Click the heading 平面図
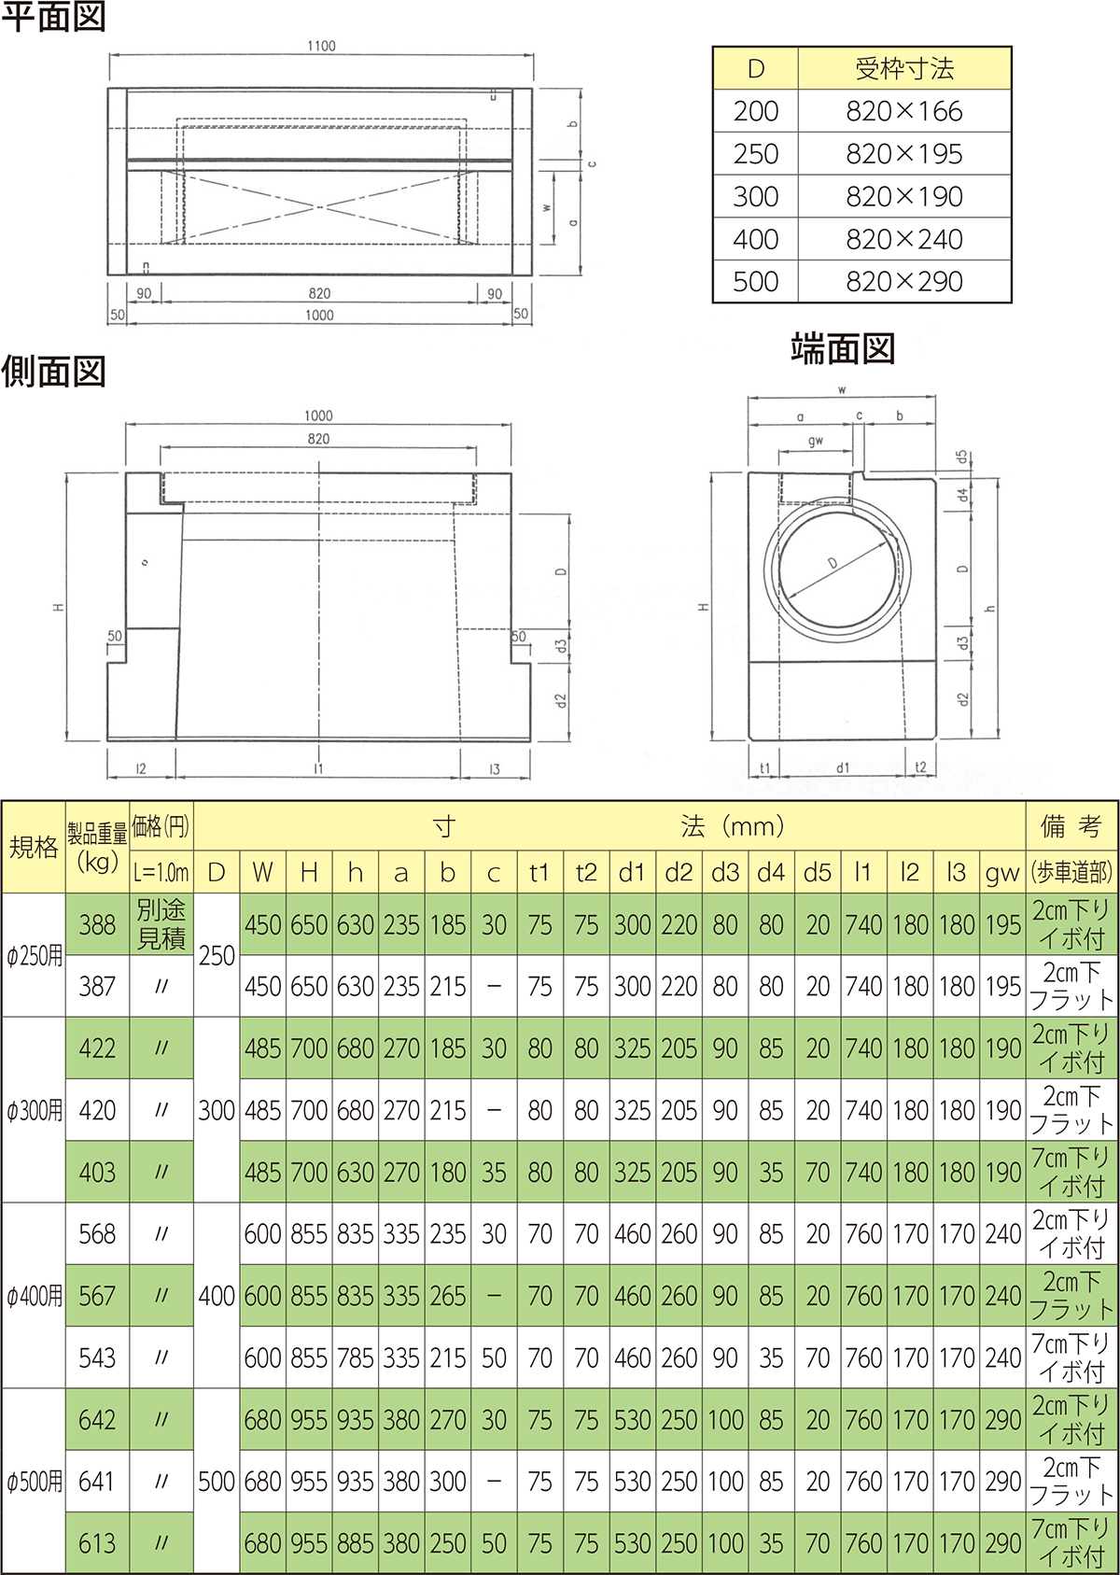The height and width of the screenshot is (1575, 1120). pos(53,17)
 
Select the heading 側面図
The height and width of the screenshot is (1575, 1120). pos(53,372)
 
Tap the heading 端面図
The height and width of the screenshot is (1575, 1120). pos(842,349)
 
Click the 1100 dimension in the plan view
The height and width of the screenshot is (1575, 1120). pos(321,46)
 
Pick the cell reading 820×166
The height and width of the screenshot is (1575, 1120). pos(904,111)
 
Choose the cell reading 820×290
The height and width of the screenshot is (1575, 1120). pos(904,282)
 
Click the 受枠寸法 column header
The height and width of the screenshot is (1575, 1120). pos(904,68)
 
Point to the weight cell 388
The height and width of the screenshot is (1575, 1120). pos(97,924)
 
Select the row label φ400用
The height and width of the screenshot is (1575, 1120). pos(34,1295)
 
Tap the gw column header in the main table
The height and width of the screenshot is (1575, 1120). pos(1001,873)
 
